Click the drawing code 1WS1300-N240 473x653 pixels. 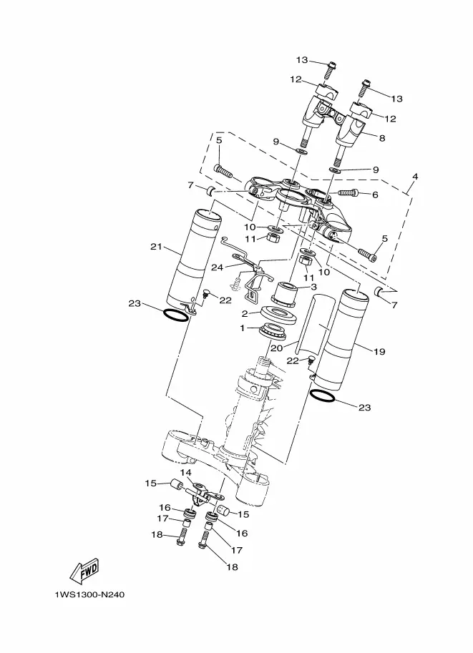(x=89, y=594)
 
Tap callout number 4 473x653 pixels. (x=414, y=177)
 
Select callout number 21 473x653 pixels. (x=156, y=247)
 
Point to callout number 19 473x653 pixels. (x=379, y=351)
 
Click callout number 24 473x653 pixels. (x=217, y=267)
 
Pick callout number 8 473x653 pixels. (x=382, y=138)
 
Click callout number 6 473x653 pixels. (x=375, y=195)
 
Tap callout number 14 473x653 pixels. (x=186, y=472)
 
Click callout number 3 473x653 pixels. (x=313, y=287)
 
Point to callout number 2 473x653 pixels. (x=245, y=314)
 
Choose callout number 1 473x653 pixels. (x=242, y=328)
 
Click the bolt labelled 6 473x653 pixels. (x=347, y=193)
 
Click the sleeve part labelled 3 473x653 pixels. (x=284, y=294)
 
